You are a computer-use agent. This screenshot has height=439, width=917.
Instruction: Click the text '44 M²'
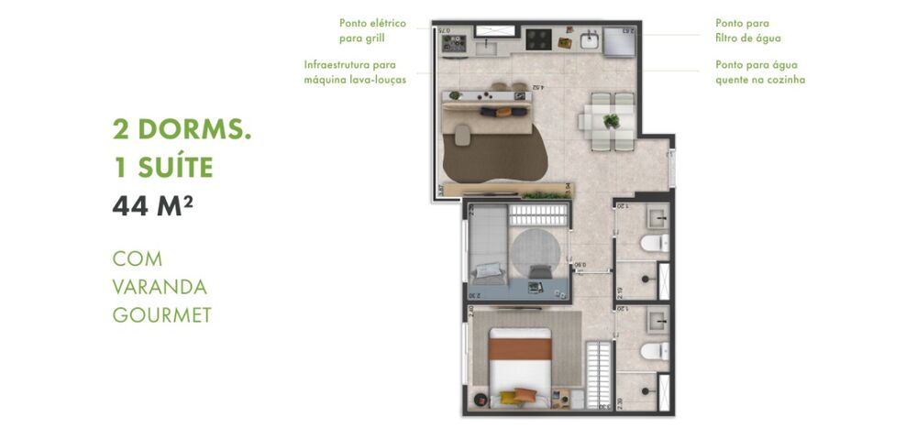click(x=152, y=206)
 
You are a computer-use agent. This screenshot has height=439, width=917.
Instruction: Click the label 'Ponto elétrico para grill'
click(x=372, y=31)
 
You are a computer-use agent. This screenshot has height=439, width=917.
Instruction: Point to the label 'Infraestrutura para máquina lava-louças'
click(x=356, y=72)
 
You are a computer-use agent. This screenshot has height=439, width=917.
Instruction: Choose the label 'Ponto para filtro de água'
click(x=748, y=31)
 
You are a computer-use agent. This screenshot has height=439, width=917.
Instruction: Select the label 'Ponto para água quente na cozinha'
click(x=760, y=72)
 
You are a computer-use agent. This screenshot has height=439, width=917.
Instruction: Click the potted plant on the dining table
click(x=611, y=120)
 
